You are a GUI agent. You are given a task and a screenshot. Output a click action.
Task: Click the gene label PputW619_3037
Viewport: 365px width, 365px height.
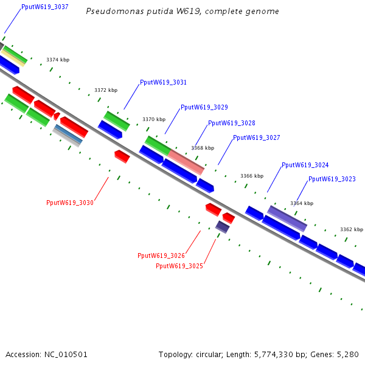click(44, 7)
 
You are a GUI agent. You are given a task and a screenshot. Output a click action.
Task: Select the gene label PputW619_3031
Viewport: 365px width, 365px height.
click(163, 82)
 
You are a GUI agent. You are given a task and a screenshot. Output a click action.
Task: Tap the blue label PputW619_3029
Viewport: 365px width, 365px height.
click(204, 107)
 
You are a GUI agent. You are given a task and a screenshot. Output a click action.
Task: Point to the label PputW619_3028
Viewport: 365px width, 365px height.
click(232, 123)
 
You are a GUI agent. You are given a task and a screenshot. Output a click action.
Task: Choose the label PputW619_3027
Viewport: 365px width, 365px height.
click(257, 137)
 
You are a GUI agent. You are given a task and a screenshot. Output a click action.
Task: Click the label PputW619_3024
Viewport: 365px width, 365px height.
click(305, 165)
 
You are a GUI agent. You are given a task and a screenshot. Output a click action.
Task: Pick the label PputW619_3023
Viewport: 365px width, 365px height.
click(332, 179)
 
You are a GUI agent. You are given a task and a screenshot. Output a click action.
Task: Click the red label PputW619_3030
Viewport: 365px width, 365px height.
click(70, 203)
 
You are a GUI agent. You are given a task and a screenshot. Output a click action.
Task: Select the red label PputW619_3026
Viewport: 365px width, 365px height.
click(161, 255)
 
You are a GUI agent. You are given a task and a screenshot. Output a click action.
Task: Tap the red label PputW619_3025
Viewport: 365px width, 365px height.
click(179, 266)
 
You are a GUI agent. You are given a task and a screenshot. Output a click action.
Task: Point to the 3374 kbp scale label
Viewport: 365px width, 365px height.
click(58, 60)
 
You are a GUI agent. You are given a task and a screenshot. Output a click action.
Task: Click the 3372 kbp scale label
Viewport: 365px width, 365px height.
click(105, 90)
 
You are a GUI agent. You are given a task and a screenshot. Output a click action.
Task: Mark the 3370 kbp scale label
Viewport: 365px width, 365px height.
click(154, 119)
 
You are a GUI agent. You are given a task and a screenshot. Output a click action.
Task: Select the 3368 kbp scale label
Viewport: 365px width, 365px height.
click(203, 148)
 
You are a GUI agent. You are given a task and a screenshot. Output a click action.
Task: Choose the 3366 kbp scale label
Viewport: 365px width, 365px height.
click(252, 176)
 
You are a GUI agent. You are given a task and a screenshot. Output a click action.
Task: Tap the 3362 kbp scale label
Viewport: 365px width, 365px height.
click(351, 229)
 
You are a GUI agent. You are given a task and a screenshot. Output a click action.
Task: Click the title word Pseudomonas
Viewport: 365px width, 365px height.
click(110, 12)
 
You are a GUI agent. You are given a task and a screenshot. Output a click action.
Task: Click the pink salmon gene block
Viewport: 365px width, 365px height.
click(186, 162)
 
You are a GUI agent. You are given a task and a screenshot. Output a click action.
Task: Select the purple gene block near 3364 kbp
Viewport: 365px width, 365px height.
click(287, 218)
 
